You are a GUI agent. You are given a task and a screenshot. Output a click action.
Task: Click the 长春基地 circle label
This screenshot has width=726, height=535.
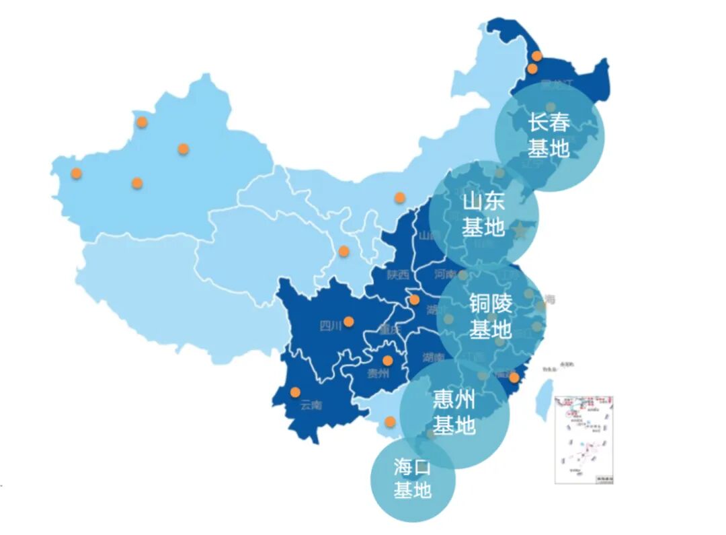pyautogui.click(x=549, y=135)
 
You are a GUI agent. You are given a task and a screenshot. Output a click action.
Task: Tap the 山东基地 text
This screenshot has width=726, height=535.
pyautogui.click(x=483, y=215)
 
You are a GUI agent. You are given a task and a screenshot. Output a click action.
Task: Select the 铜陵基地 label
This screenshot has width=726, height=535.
pyautogui.click(x=491, y=316)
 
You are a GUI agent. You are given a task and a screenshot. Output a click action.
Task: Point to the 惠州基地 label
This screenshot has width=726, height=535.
pyautogui.click(x=454, y=413)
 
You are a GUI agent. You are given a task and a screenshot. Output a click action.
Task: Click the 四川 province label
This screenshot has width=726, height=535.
pyautogui.click(x=331, y=327)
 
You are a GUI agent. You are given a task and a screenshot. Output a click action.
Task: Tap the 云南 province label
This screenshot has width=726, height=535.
pyautogui.click(x=311, y=405)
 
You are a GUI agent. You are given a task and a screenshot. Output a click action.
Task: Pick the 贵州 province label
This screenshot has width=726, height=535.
pyautogui.click(x=378, y=373)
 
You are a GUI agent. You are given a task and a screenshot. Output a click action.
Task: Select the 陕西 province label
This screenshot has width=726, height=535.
pyautogui.click(x=398, y=275)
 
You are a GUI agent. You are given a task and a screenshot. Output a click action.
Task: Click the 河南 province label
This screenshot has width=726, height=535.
pyautogui.click(x=444, y=275)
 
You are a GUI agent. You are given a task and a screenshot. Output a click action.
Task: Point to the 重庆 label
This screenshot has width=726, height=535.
pyautogui.click(x=389, y=330)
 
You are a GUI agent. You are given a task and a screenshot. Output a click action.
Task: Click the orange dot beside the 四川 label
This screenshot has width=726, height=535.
pyautogui.click(x=348, y=322)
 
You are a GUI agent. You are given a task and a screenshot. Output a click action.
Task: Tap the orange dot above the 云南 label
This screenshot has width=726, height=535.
pyautogui.click(x=295, y=392)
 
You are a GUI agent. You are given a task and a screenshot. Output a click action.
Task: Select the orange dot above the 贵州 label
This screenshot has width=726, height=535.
pyautogui.click(x=388, y=360)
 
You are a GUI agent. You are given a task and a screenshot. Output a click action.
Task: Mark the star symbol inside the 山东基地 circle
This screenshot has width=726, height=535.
pyautogui.click(x=520, y=231)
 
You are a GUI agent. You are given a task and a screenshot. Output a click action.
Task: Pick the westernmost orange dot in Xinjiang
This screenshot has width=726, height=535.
pyautogui.click(x=77, y=173)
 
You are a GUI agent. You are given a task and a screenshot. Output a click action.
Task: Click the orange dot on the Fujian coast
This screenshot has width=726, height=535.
pyautogui.click(x=514, y=378)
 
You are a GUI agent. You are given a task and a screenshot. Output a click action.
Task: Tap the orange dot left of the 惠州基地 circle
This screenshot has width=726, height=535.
pyautogui.click(x=390, y=422)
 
